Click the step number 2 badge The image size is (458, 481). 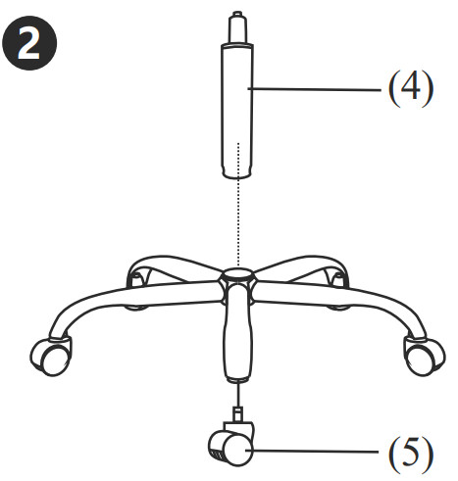pyautogui.click(x=29, y=43)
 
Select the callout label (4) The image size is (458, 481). pyautogui.click(x=411, y=88)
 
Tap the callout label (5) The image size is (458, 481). pyautogui.click(x=411, y=454)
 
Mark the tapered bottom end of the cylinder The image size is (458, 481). pyautogui.click(x=237, y=172)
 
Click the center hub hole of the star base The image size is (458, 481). pyautogui.click(x=237, y=272)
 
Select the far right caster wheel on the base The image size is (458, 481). pyautogui.click(x=424, y=358)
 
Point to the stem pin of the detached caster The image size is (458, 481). pyautogui.click(x=238, y=413)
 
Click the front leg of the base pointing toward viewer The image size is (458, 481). pyautogui.click(x=238, y=331)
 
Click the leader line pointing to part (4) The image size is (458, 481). pyautogui.click(x=315, y=89)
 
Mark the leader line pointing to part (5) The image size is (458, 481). pyautogui.click(x=312, y=452)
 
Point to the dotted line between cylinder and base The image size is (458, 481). pyautogui.click(x=238, y=204)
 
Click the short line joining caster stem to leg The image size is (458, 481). pyautogui.click(x=238, y=395)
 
